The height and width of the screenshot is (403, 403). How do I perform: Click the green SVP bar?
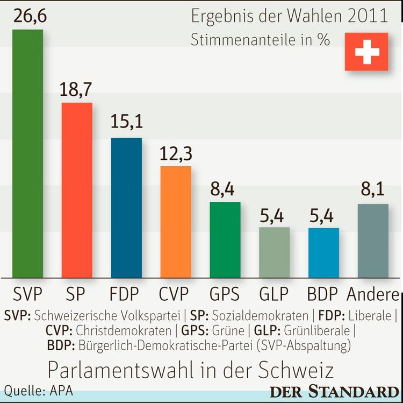27,153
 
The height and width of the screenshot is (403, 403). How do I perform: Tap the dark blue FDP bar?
126,208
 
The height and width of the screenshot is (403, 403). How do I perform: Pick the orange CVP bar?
176,222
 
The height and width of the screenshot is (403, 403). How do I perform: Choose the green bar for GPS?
225,239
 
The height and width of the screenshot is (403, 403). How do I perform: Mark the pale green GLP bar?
274,252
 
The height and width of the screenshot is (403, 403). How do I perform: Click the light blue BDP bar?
323,252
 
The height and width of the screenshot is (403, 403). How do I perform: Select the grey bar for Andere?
373,241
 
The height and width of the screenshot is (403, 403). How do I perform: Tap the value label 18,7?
77,89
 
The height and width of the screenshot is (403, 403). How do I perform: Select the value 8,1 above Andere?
373,190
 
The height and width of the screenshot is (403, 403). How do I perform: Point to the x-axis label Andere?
373,294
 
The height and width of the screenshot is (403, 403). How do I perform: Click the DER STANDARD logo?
336,391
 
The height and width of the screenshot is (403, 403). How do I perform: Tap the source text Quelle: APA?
39,390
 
